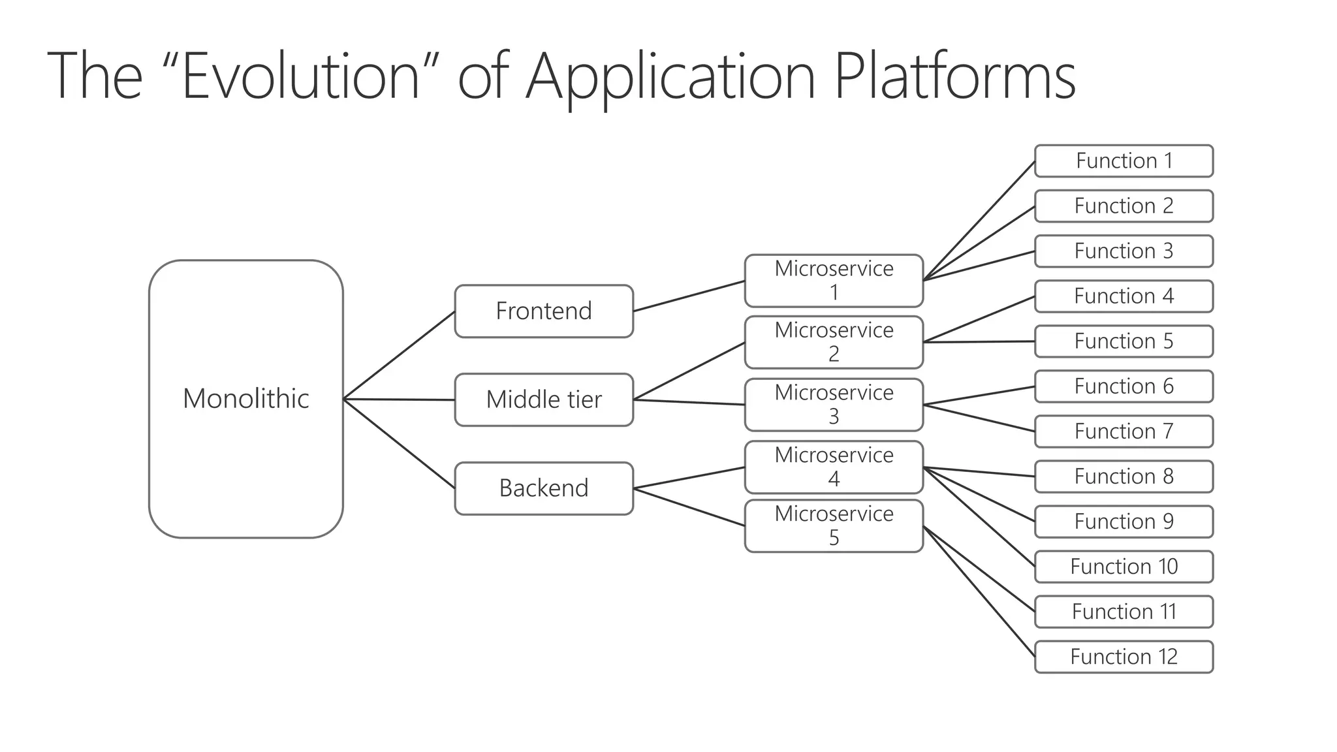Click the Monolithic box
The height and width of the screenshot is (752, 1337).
point(245,399)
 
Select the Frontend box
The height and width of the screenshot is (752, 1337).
point(544,311)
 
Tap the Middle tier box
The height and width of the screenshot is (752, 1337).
point(544,399)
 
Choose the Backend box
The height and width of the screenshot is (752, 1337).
point(544,488)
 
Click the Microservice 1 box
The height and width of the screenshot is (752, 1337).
point(834,281)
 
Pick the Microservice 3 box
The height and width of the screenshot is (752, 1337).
point(834,405)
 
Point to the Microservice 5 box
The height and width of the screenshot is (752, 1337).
point(834,526)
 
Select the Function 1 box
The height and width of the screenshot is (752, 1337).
point(1124,161)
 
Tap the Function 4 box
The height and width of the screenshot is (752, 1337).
point(1124,296)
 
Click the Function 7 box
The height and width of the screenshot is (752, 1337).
point(1124,431)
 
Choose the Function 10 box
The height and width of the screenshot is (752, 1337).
point(1124,567)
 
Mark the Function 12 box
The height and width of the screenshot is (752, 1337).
point(1124,657)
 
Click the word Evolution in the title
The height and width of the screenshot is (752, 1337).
point(301,76)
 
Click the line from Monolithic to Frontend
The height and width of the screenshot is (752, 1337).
point(399,355)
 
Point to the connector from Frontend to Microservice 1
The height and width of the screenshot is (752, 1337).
point(689,296)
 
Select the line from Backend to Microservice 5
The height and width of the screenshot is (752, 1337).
point(689,507)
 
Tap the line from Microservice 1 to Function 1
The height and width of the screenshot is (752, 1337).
point(979,221)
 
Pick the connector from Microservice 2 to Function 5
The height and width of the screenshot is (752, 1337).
point(979,342)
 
